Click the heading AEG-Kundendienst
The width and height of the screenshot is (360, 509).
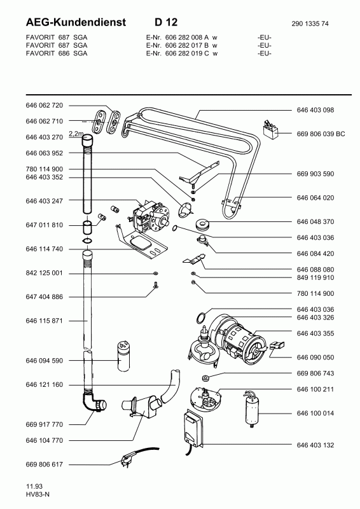tap(76, 22)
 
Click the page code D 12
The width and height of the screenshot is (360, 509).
tap(166, 22)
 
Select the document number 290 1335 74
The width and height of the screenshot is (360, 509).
tap(310, 24)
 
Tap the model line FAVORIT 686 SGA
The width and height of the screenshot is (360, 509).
tap(57, 53)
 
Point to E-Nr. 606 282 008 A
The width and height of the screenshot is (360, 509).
tap(177, 38)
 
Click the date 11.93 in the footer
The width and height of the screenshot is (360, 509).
tap(34, 486)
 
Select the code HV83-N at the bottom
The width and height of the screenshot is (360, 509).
tap(38, 494)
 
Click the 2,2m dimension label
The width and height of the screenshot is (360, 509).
tap(76, 133)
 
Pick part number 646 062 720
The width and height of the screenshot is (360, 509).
tap(44, 105)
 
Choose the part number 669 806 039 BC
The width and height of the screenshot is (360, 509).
tap(321, 134)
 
